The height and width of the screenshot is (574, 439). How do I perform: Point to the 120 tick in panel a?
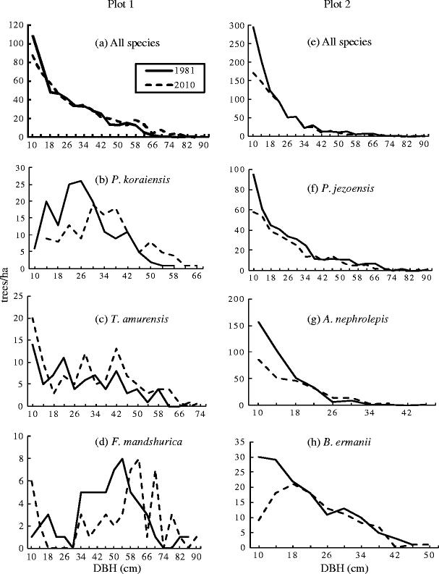[x=14, y=25]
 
